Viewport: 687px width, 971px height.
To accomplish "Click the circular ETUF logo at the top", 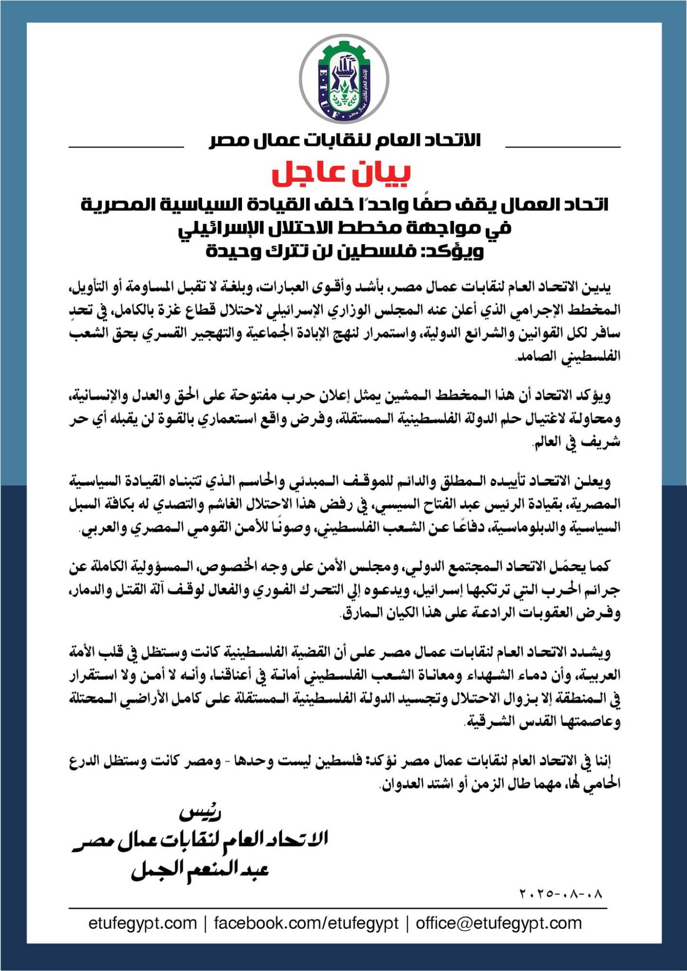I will click(343, 79).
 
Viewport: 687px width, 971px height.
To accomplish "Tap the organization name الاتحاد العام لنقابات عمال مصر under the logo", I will click(344, 140).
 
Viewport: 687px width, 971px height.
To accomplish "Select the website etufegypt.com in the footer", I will click(142, 923).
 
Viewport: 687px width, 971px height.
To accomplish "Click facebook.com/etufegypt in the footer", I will click(306, 923).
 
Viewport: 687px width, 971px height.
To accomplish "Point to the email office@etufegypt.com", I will click(498, 923).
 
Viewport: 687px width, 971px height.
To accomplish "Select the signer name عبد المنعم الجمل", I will click(200, 869).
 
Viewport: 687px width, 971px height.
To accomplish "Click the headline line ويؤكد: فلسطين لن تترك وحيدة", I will click(344, 251).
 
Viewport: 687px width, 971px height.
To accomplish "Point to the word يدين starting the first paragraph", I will click(599, 287).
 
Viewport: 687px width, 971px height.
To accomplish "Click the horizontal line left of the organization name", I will click(126, 147).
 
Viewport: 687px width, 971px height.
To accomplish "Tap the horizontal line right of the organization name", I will click(563, 147).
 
